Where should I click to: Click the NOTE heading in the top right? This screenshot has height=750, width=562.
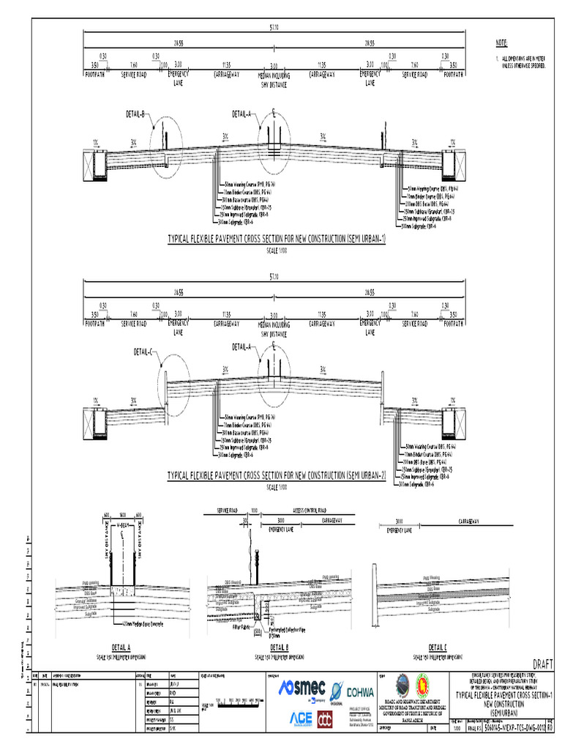coord(501,43)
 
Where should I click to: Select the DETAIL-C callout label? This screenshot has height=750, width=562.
coord(147,352)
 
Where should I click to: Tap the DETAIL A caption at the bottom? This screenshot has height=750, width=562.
coord(121,647)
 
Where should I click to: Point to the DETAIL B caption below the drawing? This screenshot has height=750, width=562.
coord(279,647)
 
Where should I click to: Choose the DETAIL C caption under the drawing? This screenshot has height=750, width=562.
coord(437,647)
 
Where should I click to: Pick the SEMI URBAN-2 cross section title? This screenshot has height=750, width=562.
coord(277,475)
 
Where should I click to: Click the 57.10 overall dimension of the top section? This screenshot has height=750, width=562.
coord(274,29)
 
